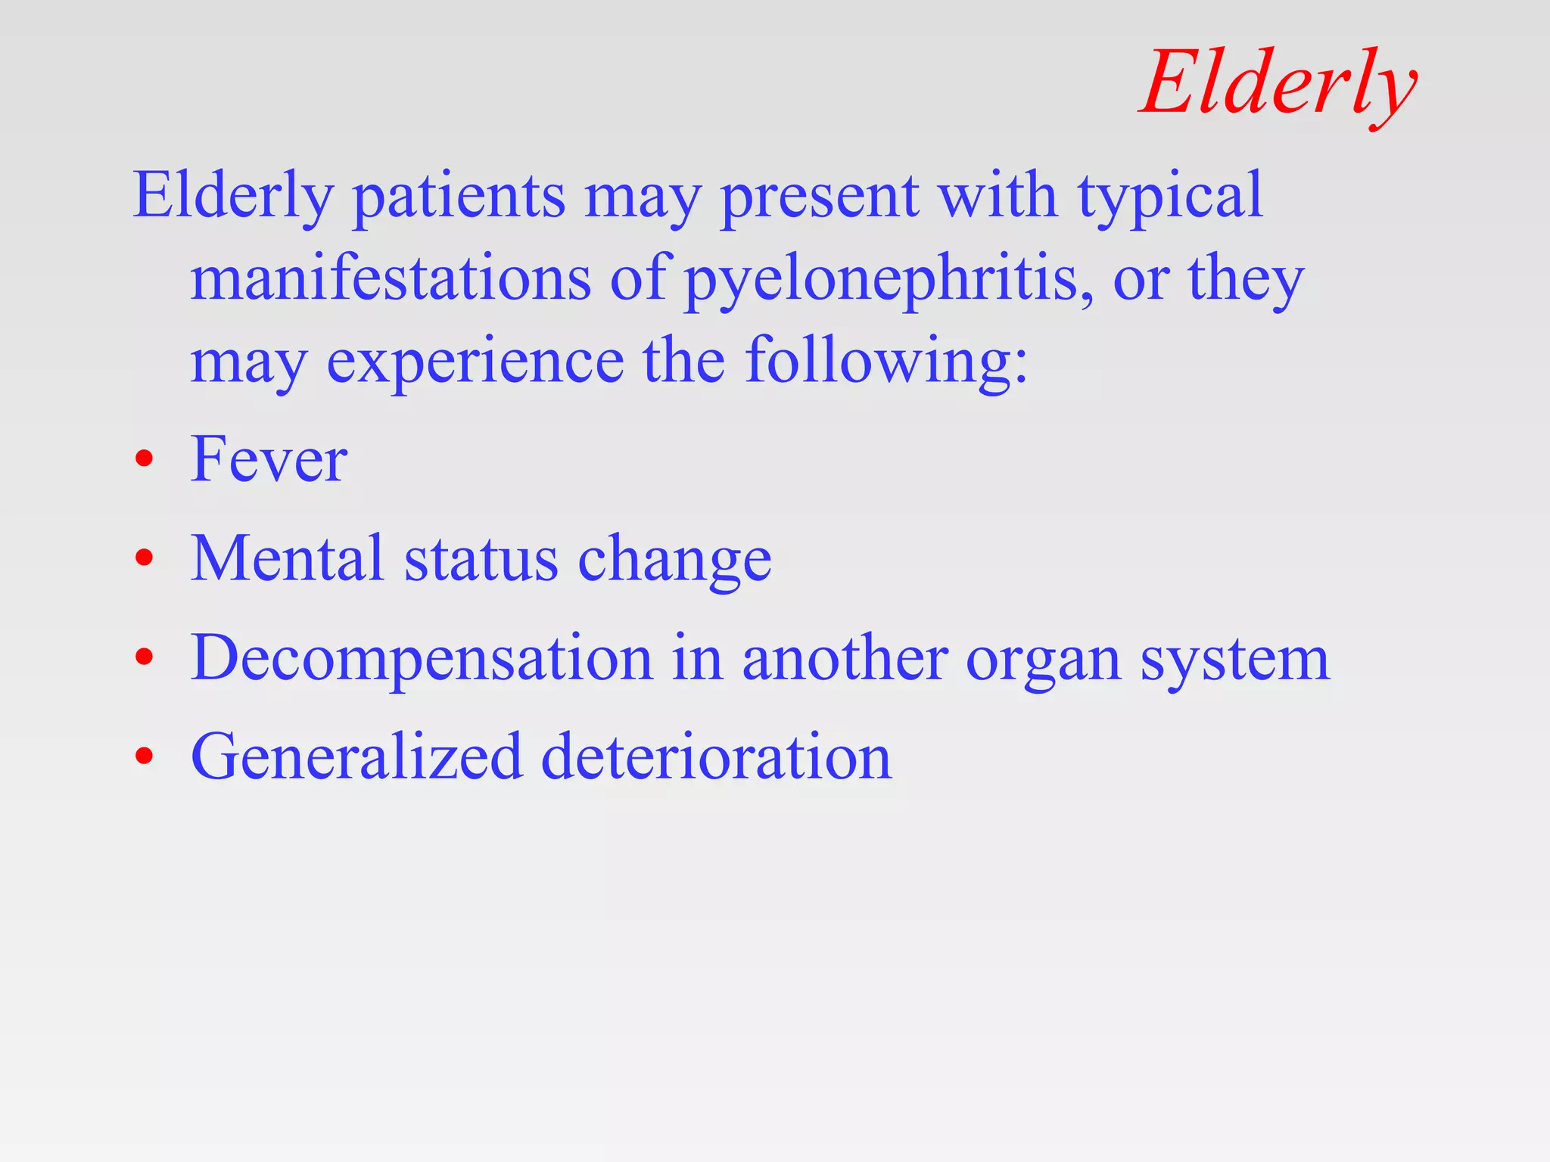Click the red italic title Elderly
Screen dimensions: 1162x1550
tap(1278, 83)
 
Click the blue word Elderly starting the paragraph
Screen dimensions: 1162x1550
tap(233, 195)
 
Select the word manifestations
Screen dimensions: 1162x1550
tap(391, 278)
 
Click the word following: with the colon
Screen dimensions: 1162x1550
tap(886, 362)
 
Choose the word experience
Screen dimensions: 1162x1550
tap(475, 362)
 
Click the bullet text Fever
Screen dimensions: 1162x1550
tap(269, 458)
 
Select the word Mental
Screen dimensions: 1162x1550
tap(287, 558)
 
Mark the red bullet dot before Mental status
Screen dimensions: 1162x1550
tap(144, 558)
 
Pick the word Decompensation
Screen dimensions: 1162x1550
tap(422, 658)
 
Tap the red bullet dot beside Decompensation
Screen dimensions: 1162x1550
tap(144, 657)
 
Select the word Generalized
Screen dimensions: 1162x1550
tap(356, 757)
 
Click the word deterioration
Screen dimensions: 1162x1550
tap(716, 757)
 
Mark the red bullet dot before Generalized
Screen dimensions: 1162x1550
tap(144, 755)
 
